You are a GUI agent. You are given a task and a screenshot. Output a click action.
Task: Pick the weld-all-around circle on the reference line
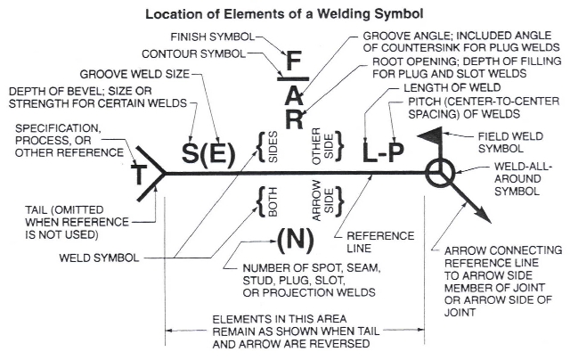(x=440, y=172)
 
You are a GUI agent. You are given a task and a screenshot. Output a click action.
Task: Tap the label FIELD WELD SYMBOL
(x=520, y=141)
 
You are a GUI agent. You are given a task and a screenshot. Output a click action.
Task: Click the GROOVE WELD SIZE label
(x=129, y=74)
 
